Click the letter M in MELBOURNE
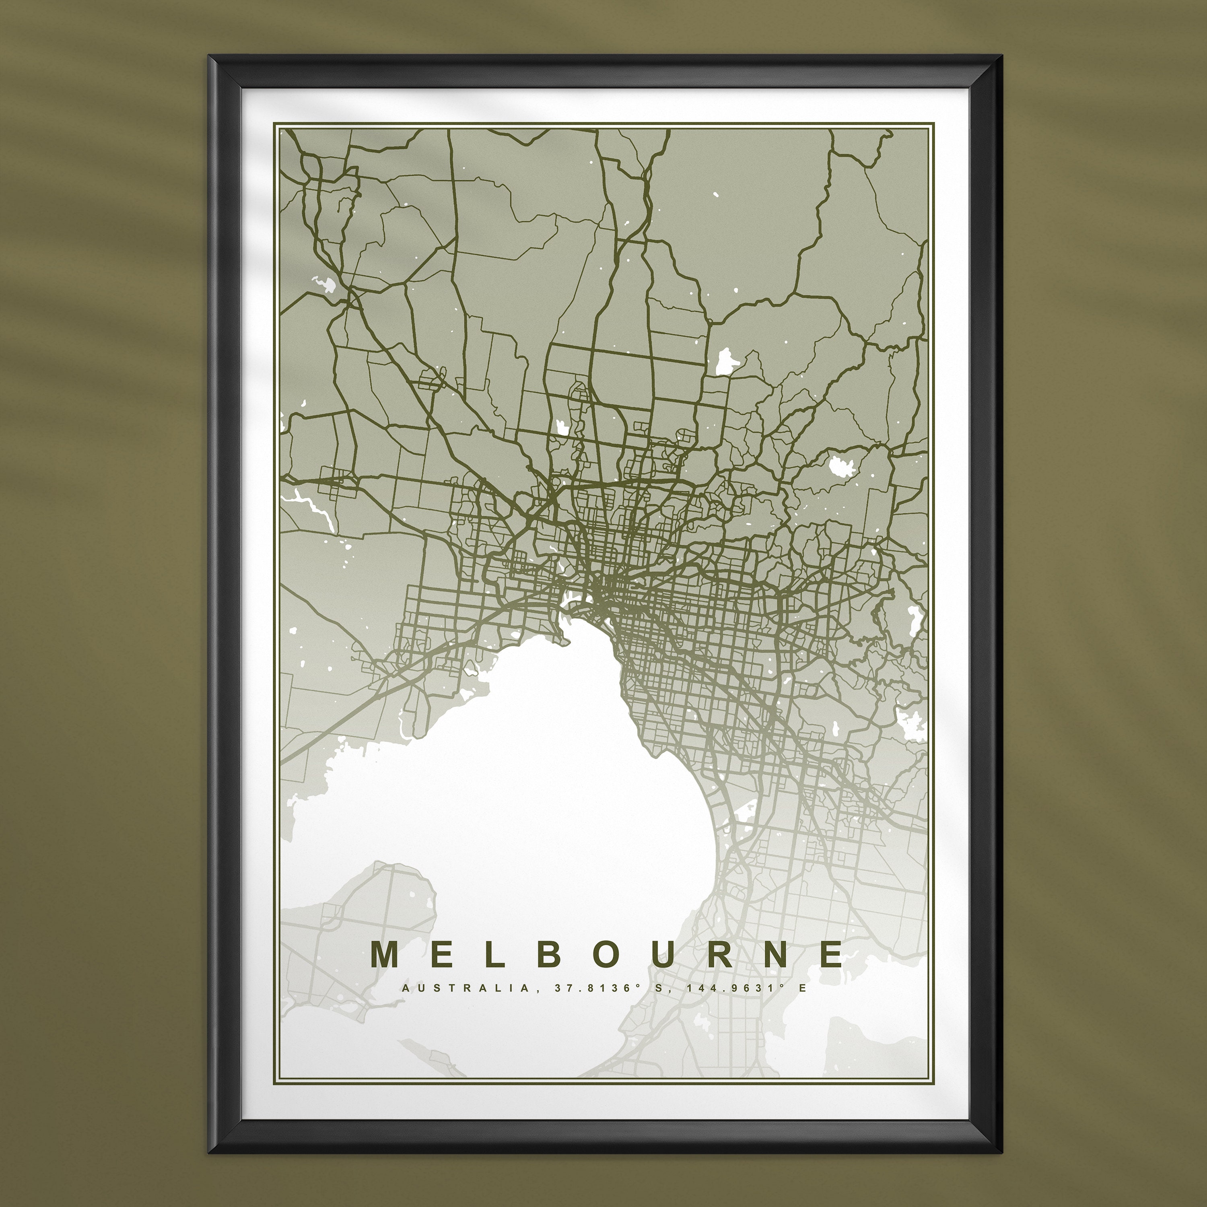coord(385,954)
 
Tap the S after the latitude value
coord(658,989)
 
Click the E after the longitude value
coord(803,989)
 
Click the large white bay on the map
coord(562,781)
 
